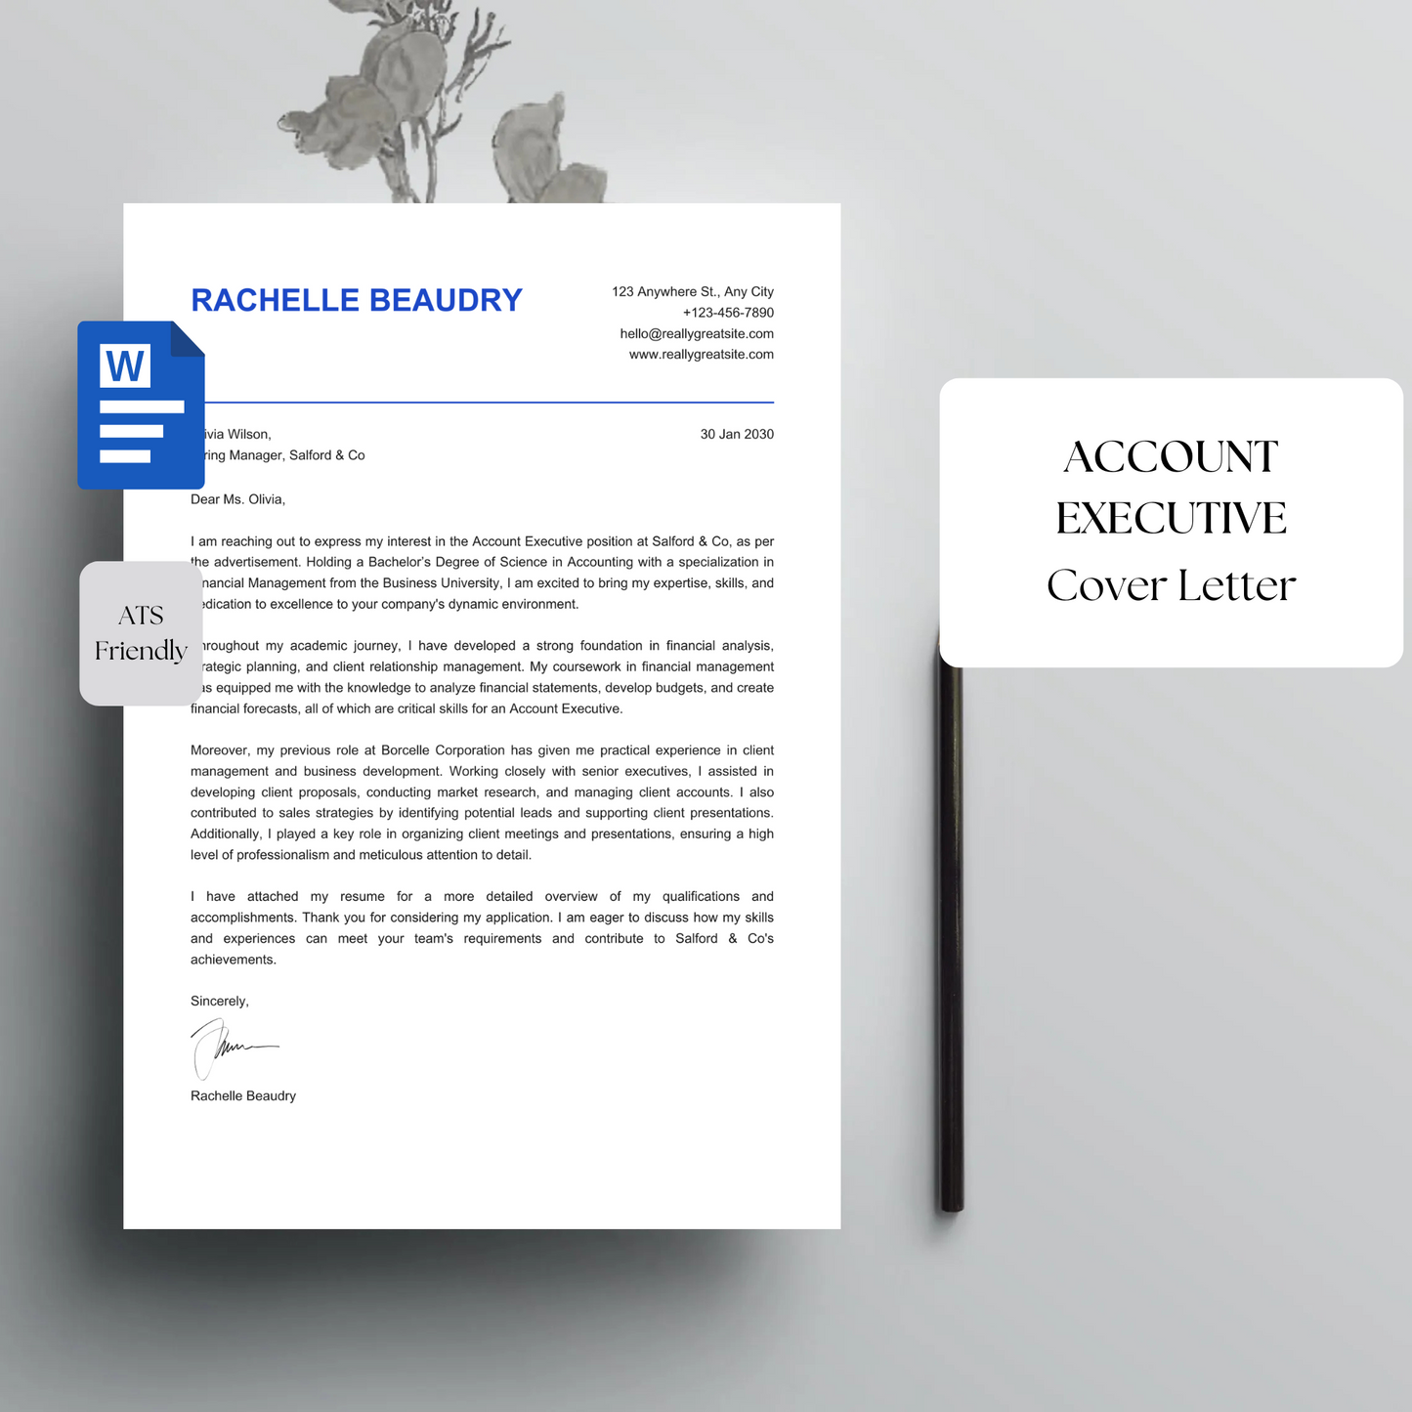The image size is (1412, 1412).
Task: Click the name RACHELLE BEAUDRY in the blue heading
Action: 357,300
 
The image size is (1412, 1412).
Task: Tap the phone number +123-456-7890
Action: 728,313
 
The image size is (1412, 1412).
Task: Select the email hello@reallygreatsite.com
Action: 697,334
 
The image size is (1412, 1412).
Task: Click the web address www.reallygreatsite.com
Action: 701,355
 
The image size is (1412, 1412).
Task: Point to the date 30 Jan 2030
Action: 737,434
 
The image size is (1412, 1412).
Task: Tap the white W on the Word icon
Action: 125,366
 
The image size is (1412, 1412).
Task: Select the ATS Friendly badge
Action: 141,633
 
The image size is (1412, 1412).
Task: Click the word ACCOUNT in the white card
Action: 1171,457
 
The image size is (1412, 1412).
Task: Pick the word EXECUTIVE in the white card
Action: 1171,519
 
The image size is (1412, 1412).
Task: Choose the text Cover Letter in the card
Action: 1171,585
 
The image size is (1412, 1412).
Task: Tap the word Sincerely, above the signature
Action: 220,1002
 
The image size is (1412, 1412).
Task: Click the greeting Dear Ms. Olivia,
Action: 237,499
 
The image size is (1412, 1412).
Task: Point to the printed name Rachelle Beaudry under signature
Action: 243,1096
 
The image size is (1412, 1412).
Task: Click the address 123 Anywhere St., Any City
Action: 693,292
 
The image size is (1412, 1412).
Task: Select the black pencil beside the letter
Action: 952,938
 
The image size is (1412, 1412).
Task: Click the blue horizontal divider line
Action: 489,402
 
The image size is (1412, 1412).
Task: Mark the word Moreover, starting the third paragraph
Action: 220,750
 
